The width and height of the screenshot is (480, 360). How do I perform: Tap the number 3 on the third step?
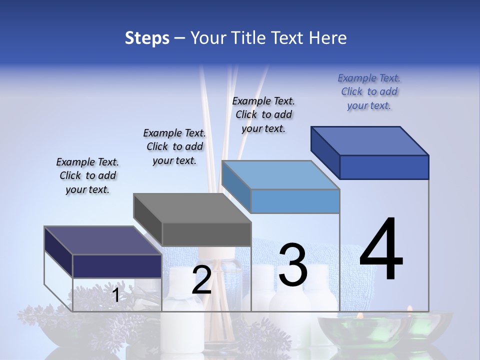293,265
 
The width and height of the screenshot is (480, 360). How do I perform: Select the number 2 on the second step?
201,280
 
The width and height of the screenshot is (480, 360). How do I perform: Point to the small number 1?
115,295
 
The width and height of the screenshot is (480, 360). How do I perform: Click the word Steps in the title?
147,38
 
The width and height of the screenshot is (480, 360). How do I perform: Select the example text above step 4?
369,92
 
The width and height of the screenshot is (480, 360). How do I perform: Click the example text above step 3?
263,114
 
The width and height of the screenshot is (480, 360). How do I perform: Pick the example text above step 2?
174,146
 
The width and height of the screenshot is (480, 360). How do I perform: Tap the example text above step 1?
87,175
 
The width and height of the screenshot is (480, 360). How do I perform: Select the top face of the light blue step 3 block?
280,175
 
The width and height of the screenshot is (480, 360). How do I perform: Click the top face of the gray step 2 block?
192,208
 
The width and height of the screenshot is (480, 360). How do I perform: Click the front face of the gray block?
206,234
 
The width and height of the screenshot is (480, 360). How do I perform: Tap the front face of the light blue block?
295,201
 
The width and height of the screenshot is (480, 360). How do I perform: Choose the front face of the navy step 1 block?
117,266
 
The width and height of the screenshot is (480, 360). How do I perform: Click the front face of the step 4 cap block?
384,167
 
